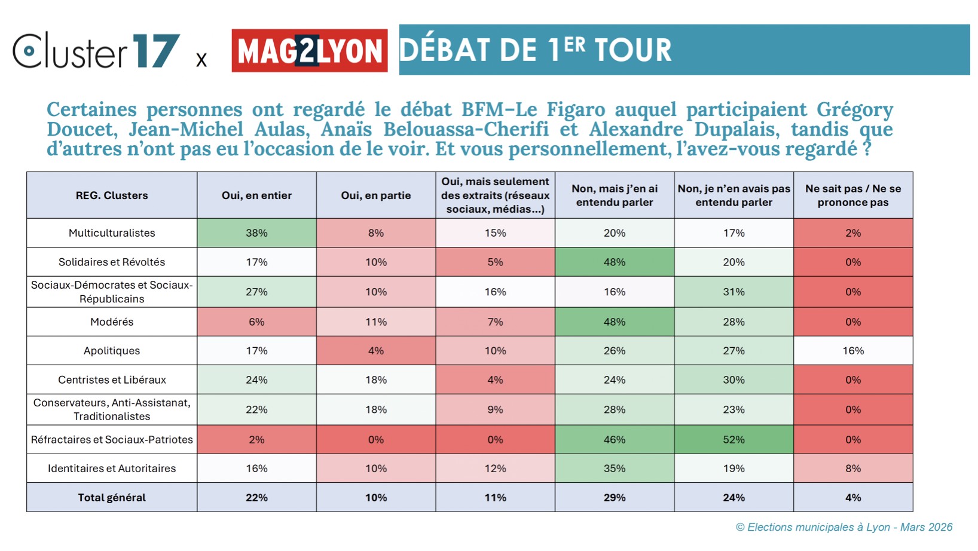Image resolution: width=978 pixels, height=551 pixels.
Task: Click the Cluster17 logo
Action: click(x=96, y=51)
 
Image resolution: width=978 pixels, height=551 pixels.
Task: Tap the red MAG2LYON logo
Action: click(x=309, y=51)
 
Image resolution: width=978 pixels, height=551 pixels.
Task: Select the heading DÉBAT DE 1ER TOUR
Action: click(x=535, y=50)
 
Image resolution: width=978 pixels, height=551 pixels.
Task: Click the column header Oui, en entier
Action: click(x=256, y=195)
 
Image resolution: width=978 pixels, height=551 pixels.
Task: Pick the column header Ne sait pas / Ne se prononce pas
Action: click(x=853, y=195)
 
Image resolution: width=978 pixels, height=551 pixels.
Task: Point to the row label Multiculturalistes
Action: click(x=112, y=233)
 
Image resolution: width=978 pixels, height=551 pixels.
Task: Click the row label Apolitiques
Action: click(x=112, y=351)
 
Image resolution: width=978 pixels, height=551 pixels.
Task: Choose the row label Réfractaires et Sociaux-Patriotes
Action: click(x=112, y=440)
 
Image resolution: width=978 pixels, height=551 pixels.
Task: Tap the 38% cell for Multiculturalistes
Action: click(x=256, y=233)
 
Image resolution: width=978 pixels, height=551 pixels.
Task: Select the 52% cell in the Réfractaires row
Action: click(x=733, y=440)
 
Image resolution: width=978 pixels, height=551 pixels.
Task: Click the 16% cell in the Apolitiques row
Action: click(x=853, y=351)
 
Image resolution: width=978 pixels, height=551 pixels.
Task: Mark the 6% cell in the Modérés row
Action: click(x=256, y=322)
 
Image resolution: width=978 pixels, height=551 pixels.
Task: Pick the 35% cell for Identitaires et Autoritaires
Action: click(x=615, y=469)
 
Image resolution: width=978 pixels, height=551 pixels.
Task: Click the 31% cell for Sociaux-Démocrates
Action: click(x=733, y=292)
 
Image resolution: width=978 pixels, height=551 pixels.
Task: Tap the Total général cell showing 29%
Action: click(x=615, y=498)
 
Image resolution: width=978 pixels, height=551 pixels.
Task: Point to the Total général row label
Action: click(x=112, y=498)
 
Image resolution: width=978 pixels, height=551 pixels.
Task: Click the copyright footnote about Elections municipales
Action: click(x=843, y=527)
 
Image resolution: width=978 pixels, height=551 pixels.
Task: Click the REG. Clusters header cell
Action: click(x=112, y=195)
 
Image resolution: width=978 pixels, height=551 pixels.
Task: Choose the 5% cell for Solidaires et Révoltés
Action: click(x=495, y=262)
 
